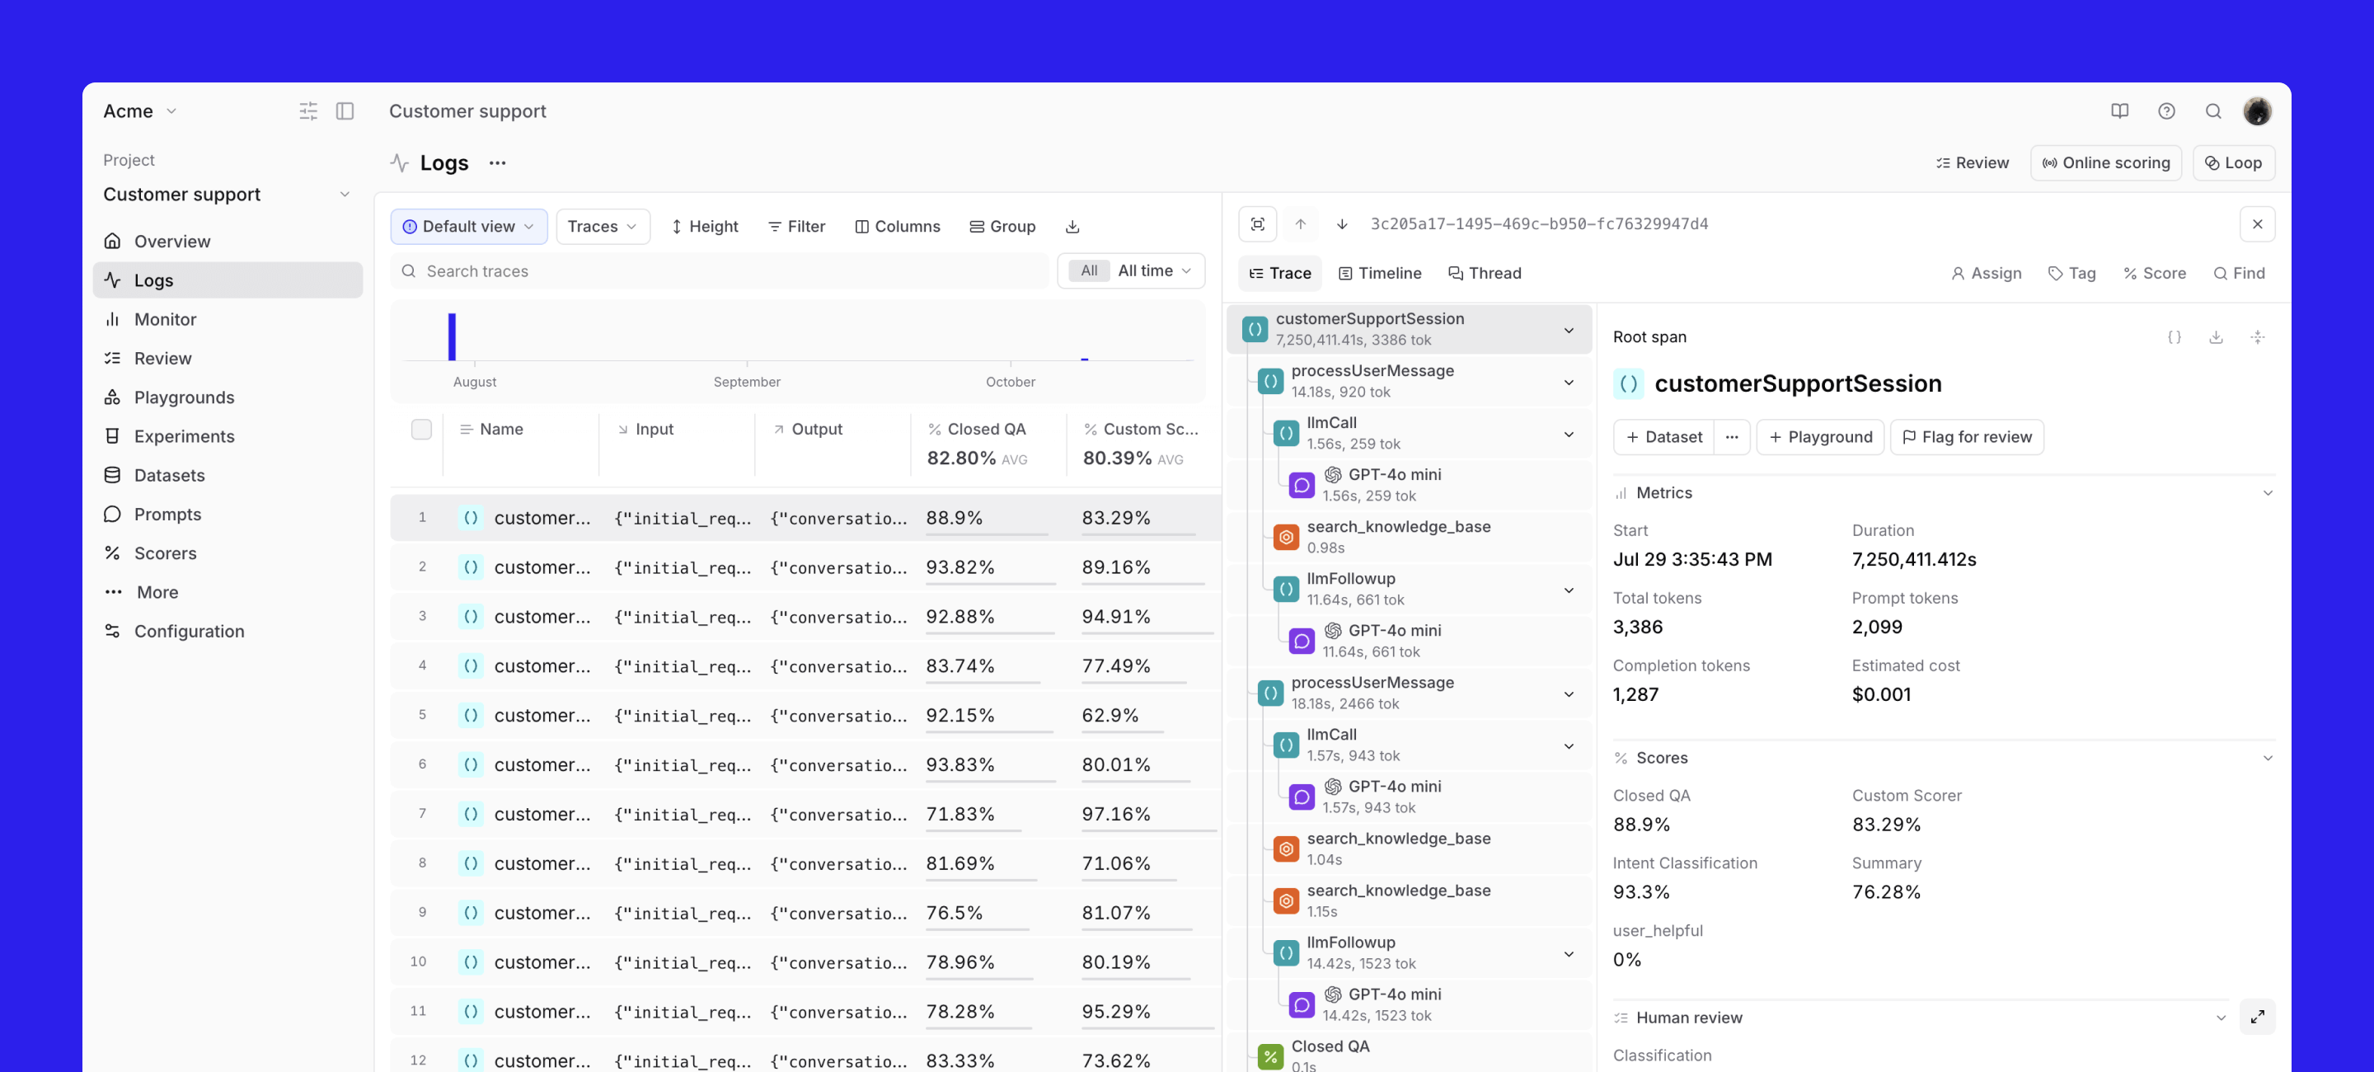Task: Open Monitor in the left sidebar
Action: [165, 319]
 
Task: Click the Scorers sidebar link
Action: [165, 553]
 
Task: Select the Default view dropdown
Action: [468, 227]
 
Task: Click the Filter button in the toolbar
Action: [796, 227]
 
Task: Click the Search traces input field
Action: [719, 271]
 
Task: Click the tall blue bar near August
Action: [452, 336]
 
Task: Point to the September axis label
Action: [747, 382]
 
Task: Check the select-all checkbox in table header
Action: [421, 430]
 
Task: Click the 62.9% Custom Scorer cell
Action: [1110, 715]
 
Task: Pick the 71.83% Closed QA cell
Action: [959, 814]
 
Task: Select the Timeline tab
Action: [1380, 273]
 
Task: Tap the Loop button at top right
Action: [2233, 163]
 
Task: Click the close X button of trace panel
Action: [2257, 224]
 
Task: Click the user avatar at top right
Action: [2257, 111]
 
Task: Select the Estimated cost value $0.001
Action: [1881, 694]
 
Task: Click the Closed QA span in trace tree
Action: [1330, 1046]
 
